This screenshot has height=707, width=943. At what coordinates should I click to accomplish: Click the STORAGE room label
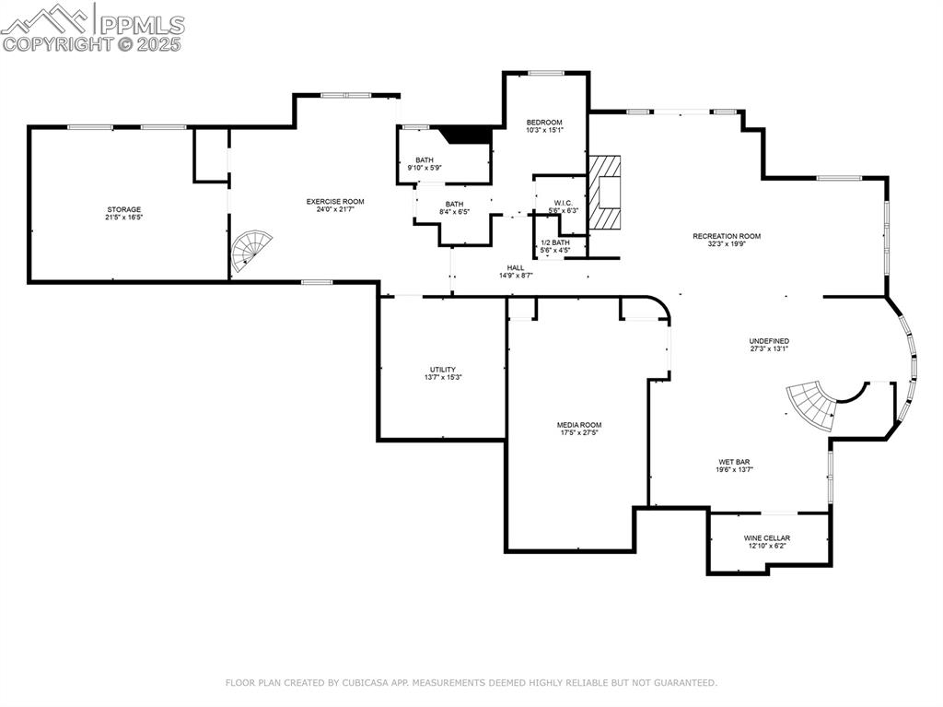click(x=123, y=209)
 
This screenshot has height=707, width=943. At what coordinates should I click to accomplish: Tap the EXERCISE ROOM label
click(x=335, y=201)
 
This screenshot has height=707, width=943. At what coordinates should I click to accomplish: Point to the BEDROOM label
click(x=544, y=123)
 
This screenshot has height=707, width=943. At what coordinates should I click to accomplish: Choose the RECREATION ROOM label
click(x=727, y=236)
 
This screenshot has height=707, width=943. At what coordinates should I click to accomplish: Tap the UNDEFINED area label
click(x=769, y=341)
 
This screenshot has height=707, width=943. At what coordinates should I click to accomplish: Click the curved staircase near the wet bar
click(x=811, y=403)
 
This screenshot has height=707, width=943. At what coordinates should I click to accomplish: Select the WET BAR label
click(x=735, y=462)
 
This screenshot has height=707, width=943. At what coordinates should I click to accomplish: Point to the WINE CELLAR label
click(x=767, y=537)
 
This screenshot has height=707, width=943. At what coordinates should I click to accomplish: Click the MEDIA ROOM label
click(x=579, y=425)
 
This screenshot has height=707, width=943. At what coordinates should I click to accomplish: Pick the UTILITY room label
click(x=442, y=370)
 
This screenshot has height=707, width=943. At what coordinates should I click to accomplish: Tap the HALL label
click(x=516, y=267)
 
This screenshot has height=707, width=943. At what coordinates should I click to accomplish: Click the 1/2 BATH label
click(x=555, y=242)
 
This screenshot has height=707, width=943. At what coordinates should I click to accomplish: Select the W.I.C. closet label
click(x=564, y=203)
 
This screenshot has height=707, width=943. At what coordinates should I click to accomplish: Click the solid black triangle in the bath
click(x=467, y=136)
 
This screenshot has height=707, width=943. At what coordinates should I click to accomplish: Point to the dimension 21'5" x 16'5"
click(x=123, y=218)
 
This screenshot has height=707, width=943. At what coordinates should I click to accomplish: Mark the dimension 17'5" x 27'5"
click(x=579, y=433)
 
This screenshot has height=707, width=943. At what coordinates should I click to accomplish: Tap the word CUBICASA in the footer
click(x=364, y=683)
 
